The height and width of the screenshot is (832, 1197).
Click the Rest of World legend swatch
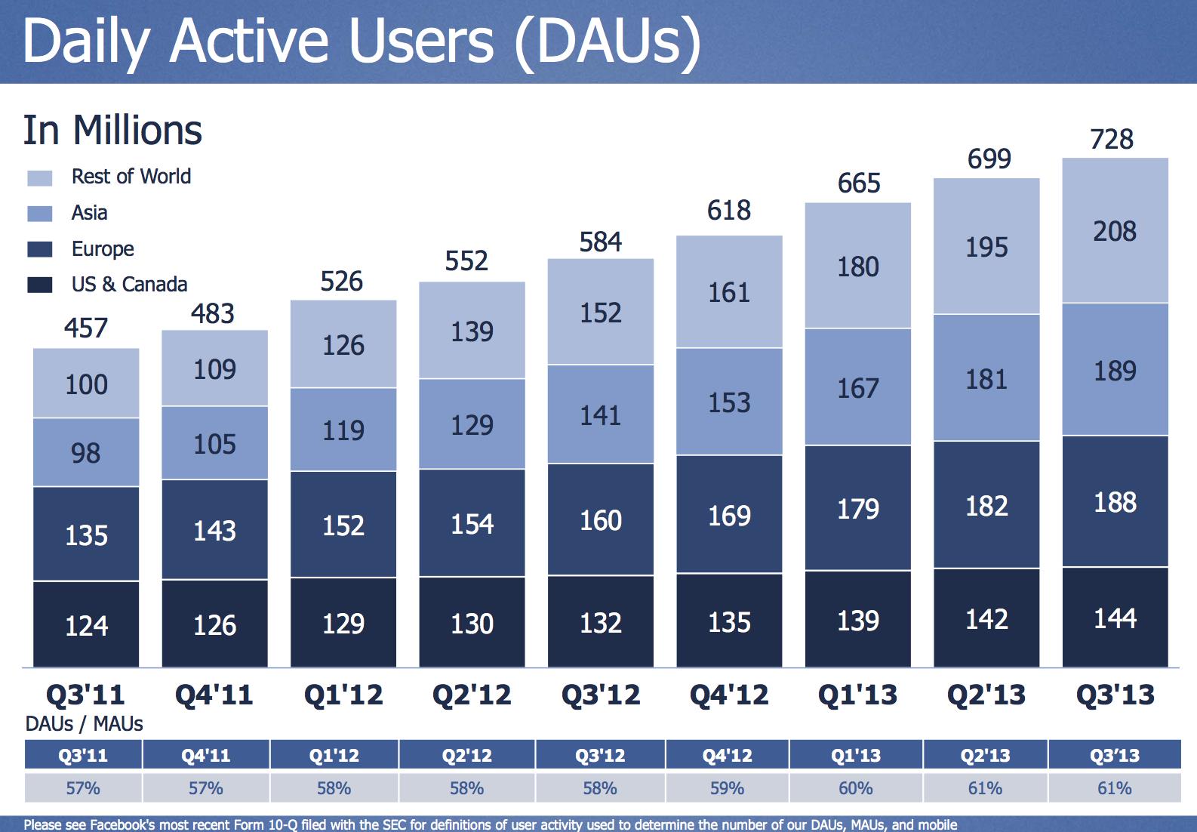point(40,178)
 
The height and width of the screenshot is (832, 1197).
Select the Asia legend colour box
point(40,214)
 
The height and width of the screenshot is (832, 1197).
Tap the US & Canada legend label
point(129,285)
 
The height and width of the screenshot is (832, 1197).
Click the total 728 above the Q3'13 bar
point(1112,140)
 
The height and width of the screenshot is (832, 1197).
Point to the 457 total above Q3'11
point(86,328)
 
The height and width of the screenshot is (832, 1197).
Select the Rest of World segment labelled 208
point(1115,231)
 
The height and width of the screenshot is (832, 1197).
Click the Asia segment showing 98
point(86,453)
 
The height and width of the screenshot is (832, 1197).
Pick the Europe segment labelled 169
point(729,516)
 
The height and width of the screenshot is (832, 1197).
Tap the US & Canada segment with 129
point(343,624)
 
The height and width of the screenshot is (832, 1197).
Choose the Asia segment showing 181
point(986,378)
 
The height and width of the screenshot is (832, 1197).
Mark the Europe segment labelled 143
point(214,531)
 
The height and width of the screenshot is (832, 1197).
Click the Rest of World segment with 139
point(472,331)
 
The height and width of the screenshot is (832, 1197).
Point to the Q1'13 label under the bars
point(858,695)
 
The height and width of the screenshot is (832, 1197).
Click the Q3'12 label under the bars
point(601,695)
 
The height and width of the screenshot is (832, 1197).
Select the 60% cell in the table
point(856,788)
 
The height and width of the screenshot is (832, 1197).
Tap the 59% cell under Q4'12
point(728,788)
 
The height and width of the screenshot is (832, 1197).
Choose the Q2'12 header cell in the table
point(466,755)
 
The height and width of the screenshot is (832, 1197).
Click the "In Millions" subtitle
point(112,130)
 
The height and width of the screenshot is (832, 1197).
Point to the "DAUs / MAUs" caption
point(84,724)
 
